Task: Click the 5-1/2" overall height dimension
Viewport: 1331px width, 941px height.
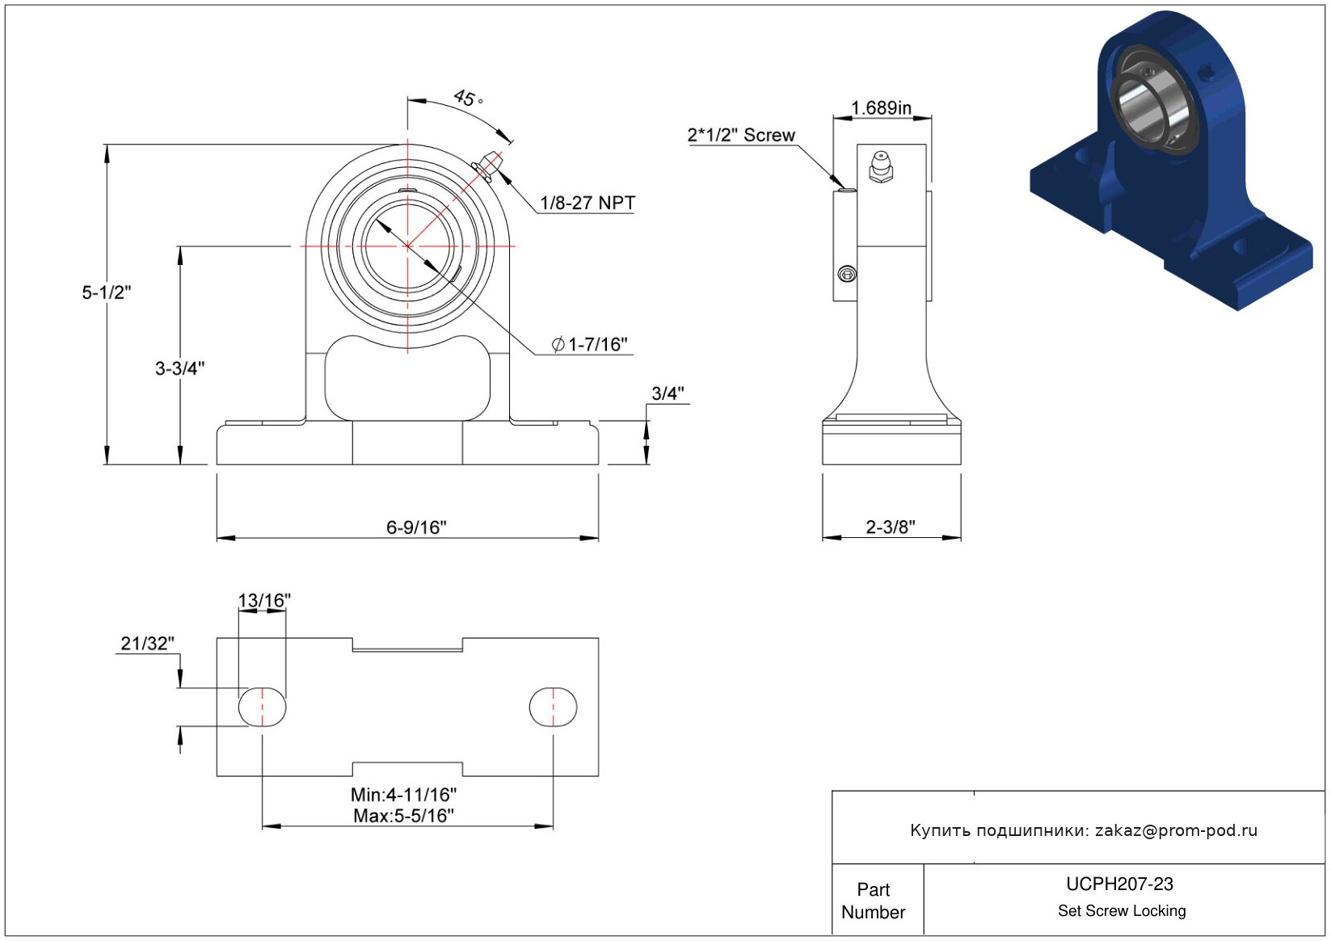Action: tap(106, 292)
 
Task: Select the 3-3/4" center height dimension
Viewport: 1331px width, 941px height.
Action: tap(179, 368)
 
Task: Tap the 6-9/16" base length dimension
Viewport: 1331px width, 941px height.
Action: tap(415, 527)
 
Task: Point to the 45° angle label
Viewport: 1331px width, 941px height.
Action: tap(467, 99)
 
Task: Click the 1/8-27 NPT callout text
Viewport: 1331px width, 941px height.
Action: tap(587, 203)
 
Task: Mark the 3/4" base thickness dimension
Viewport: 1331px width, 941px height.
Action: tap(668, 393)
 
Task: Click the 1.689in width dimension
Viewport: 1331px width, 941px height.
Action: tap(881, 107)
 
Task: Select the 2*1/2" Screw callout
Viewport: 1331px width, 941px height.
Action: tap(741, 135)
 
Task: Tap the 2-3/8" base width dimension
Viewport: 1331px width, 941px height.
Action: tap(891, 527)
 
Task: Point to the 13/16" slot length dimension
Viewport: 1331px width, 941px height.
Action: tap(263, 600)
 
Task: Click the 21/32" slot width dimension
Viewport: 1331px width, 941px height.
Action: tap(147, 643)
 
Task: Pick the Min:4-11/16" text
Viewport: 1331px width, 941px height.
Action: tap(403, 795)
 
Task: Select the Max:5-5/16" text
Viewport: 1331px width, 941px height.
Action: tap(403, 816)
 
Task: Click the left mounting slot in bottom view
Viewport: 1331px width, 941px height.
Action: tap(262, 708)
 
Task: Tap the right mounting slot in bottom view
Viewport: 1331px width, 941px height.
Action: tap(553, 708)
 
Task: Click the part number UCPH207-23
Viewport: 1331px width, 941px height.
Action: tap(1119, 884)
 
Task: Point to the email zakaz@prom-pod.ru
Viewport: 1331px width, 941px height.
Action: tap(1176, 830)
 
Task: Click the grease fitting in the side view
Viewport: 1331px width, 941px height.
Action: tap(880, 166)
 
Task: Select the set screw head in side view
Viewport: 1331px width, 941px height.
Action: tap(846, 275)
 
